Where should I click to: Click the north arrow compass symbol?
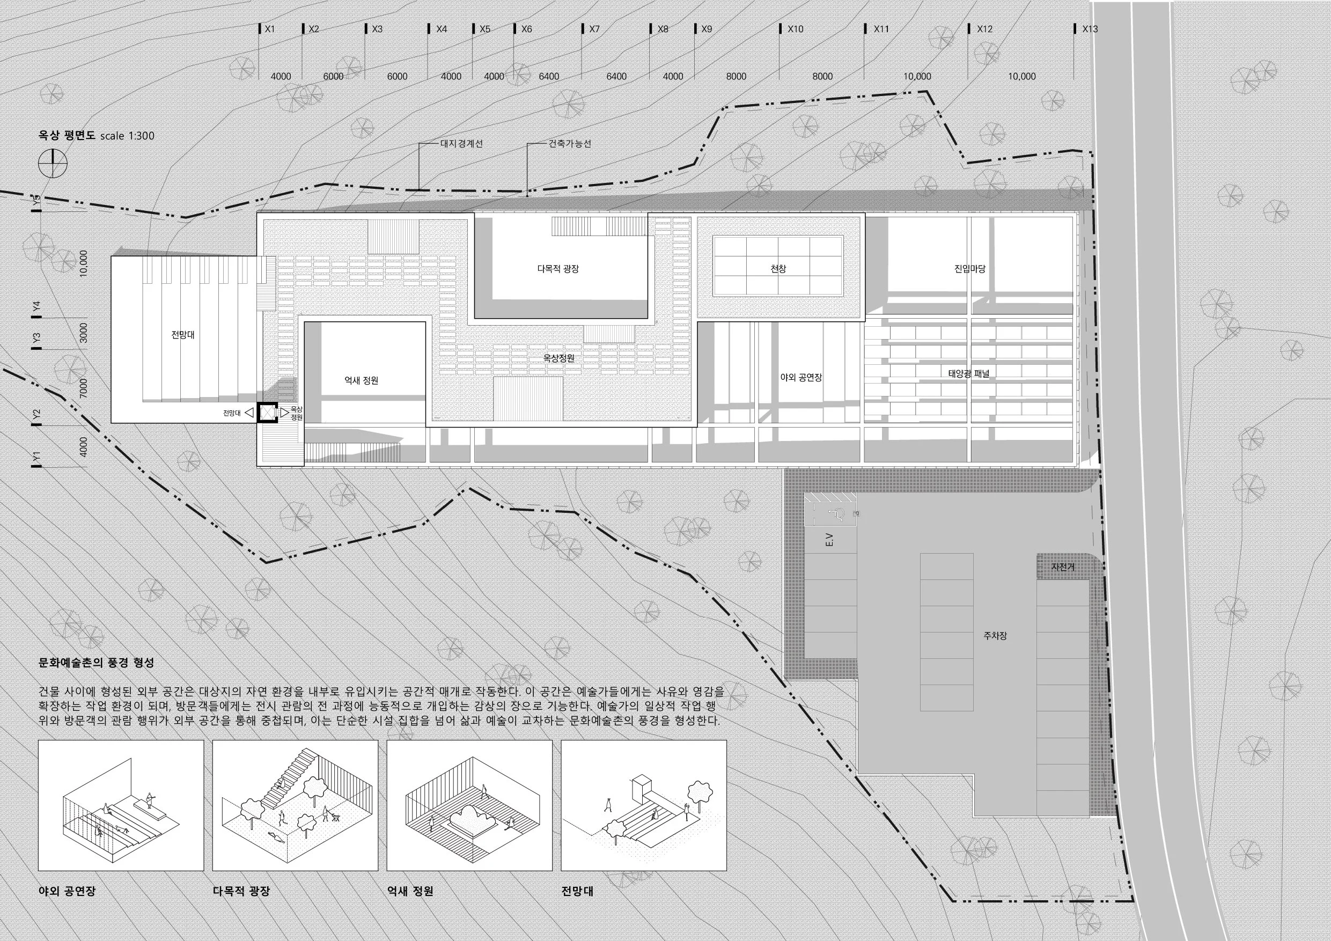pyautogui.click(x=53, y=164)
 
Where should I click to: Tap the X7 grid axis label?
pyautogui.click(x=594, y=29)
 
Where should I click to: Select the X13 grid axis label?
pyautogui.click(x=1089, y=29)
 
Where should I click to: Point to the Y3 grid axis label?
pyautogui.click(x=37, y=337)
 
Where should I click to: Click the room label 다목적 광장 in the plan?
pyautogui.click(x=558, y=269)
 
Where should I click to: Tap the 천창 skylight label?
pyautogui.click(x=778, y=269)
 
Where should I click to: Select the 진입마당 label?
pyautogui.click(x=969, y=269)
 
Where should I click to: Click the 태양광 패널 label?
pyautogui.click(x=969, y=374)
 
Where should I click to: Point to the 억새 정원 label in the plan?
pyautogui.click(x=361, y=381)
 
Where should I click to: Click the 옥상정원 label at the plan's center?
pyautogui.click(x=559, y=359)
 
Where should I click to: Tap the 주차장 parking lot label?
pyautogui.click(x=995, y=636)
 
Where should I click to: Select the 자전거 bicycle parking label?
pyautogui.click(x=1063, y=568)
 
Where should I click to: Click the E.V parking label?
pyautogui.click(x=828, y=539)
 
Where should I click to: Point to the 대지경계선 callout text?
pyautogui.click(x=461, y=144)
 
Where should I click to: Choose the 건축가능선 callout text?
pyautogui.click(x=569, y=144)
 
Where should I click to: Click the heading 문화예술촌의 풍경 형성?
pyautogui.click(x=96, y=663)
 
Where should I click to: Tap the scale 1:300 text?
pyautogui.click(x=127, y=136)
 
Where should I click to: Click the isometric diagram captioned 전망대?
pyautogui.click(x=643, y=806)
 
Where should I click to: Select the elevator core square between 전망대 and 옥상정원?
pyautogui.click(x=268, y=413)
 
